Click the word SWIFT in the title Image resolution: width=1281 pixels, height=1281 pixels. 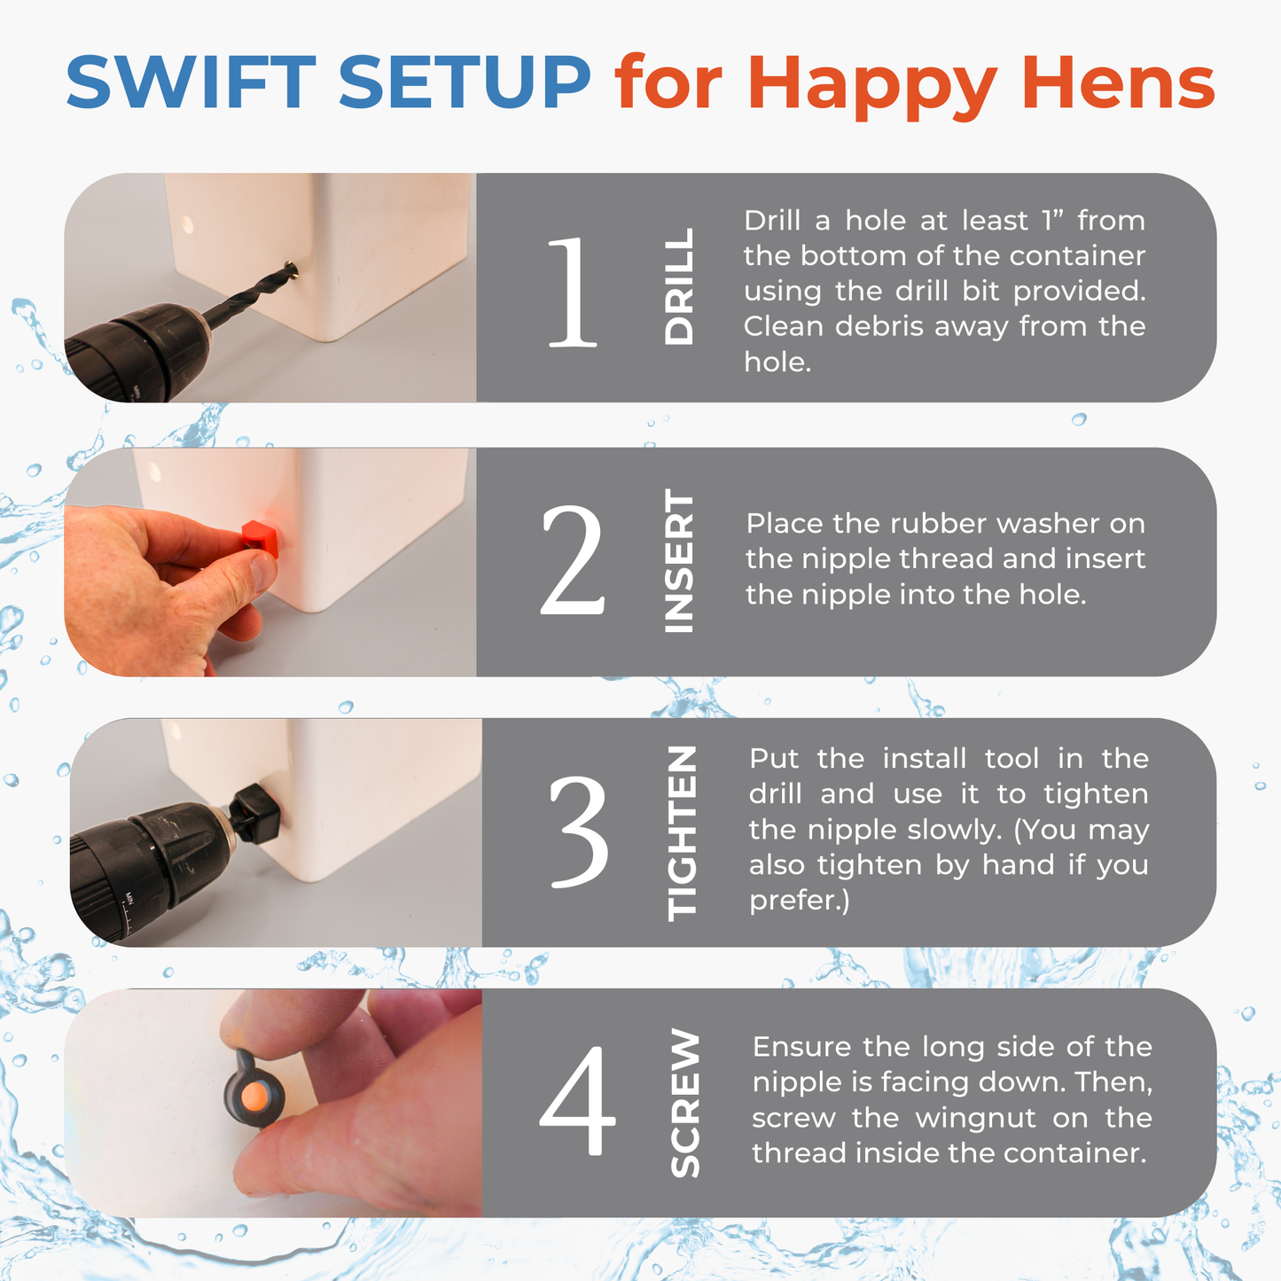click(x=191, y=82)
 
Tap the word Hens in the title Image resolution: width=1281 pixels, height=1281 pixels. click(x=1118, y=82)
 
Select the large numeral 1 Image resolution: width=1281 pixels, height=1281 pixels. click(x=572, y=292)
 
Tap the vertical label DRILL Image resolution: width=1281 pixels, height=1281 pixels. click(x=680, y=286)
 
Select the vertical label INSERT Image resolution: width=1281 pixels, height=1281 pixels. click(x=680, y=561)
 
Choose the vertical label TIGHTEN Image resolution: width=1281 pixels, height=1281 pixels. click(x=682, y=832)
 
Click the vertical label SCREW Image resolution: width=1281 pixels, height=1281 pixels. click(x=684, y=1103)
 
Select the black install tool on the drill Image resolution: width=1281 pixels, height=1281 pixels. click(x=254, y=816)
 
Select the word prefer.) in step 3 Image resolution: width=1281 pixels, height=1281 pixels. click(x=799, y=901)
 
